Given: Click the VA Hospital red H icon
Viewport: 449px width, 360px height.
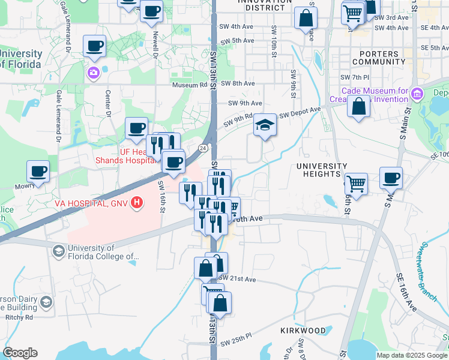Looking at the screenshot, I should click(x=137, y=203).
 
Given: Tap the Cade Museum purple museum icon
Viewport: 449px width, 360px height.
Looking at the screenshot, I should click(x=418, y=94).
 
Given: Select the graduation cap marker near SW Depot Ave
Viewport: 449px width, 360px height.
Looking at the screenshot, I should click(x=265, y=125).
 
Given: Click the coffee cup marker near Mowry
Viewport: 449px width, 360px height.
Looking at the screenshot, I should click(x=38, y=172).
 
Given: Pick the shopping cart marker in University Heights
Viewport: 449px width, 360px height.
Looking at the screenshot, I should click(x=357, y=183).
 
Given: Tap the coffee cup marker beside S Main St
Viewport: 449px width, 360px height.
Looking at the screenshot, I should click(x=391, y=177).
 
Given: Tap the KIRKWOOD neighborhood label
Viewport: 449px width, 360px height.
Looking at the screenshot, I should click(x=303, y=331).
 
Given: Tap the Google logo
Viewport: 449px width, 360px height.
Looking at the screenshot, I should click(x=20, y=353).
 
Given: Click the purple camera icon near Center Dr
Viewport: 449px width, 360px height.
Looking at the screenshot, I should click(x=93, y=73).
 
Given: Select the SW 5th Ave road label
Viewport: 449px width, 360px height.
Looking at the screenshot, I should click(x=238, y=41).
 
